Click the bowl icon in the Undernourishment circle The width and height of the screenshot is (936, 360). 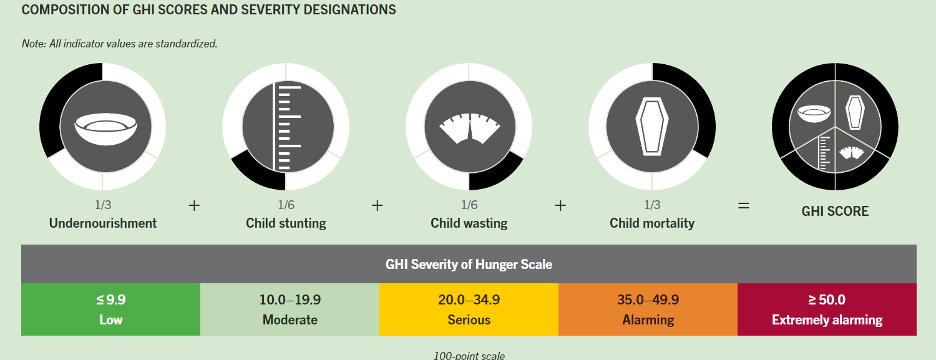click(x=102, y=127)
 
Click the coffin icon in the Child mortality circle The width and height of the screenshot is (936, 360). click(x=652, y=127)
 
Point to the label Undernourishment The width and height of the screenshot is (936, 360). click(x=103, y=223)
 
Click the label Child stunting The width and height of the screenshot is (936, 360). click(x=286, y=223)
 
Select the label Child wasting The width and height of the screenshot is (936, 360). click(x=469, y=223)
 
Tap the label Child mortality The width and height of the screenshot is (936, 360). click(x=652, y=223)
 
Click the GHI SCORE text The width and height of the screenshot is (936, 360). click(x=835, y=212)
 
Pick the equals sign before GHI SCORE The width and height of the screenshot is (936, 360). click(x=743, y=205)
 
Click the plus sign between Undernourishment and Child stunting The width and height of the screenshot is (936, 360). click(x=194, y=205)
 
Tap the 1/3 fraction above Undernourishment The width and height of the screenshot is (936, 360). click(x=102, y=205)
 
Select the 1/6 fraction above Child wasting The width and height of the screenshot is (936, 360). click(x=469, y=205)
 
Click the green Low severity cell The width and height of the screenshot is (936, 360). click(x=111, y=309)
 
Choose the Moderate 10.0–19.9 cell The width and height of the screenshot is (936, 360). click(x=290, y=309)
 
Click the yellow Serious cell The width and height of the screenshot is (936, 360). click(x=469, y=309)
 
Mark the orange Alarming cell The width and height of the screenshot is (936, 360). click(x=648, y=309)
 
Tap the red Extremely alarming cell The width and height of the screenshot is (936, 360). click(x=827, y=309)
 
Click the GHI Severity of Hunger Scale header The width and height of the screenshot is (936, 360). click(x=469, y=265)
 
